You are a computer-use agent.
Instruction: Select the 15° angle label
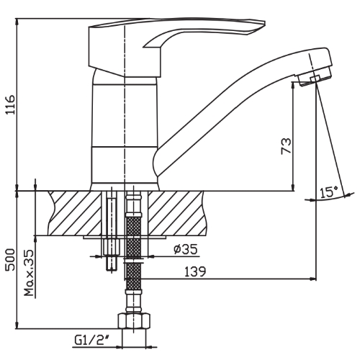pyautogui.click(x=328, y=192)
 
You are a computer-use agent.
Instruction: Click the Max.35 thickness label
pyautogui.click(x=30, y=274)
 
